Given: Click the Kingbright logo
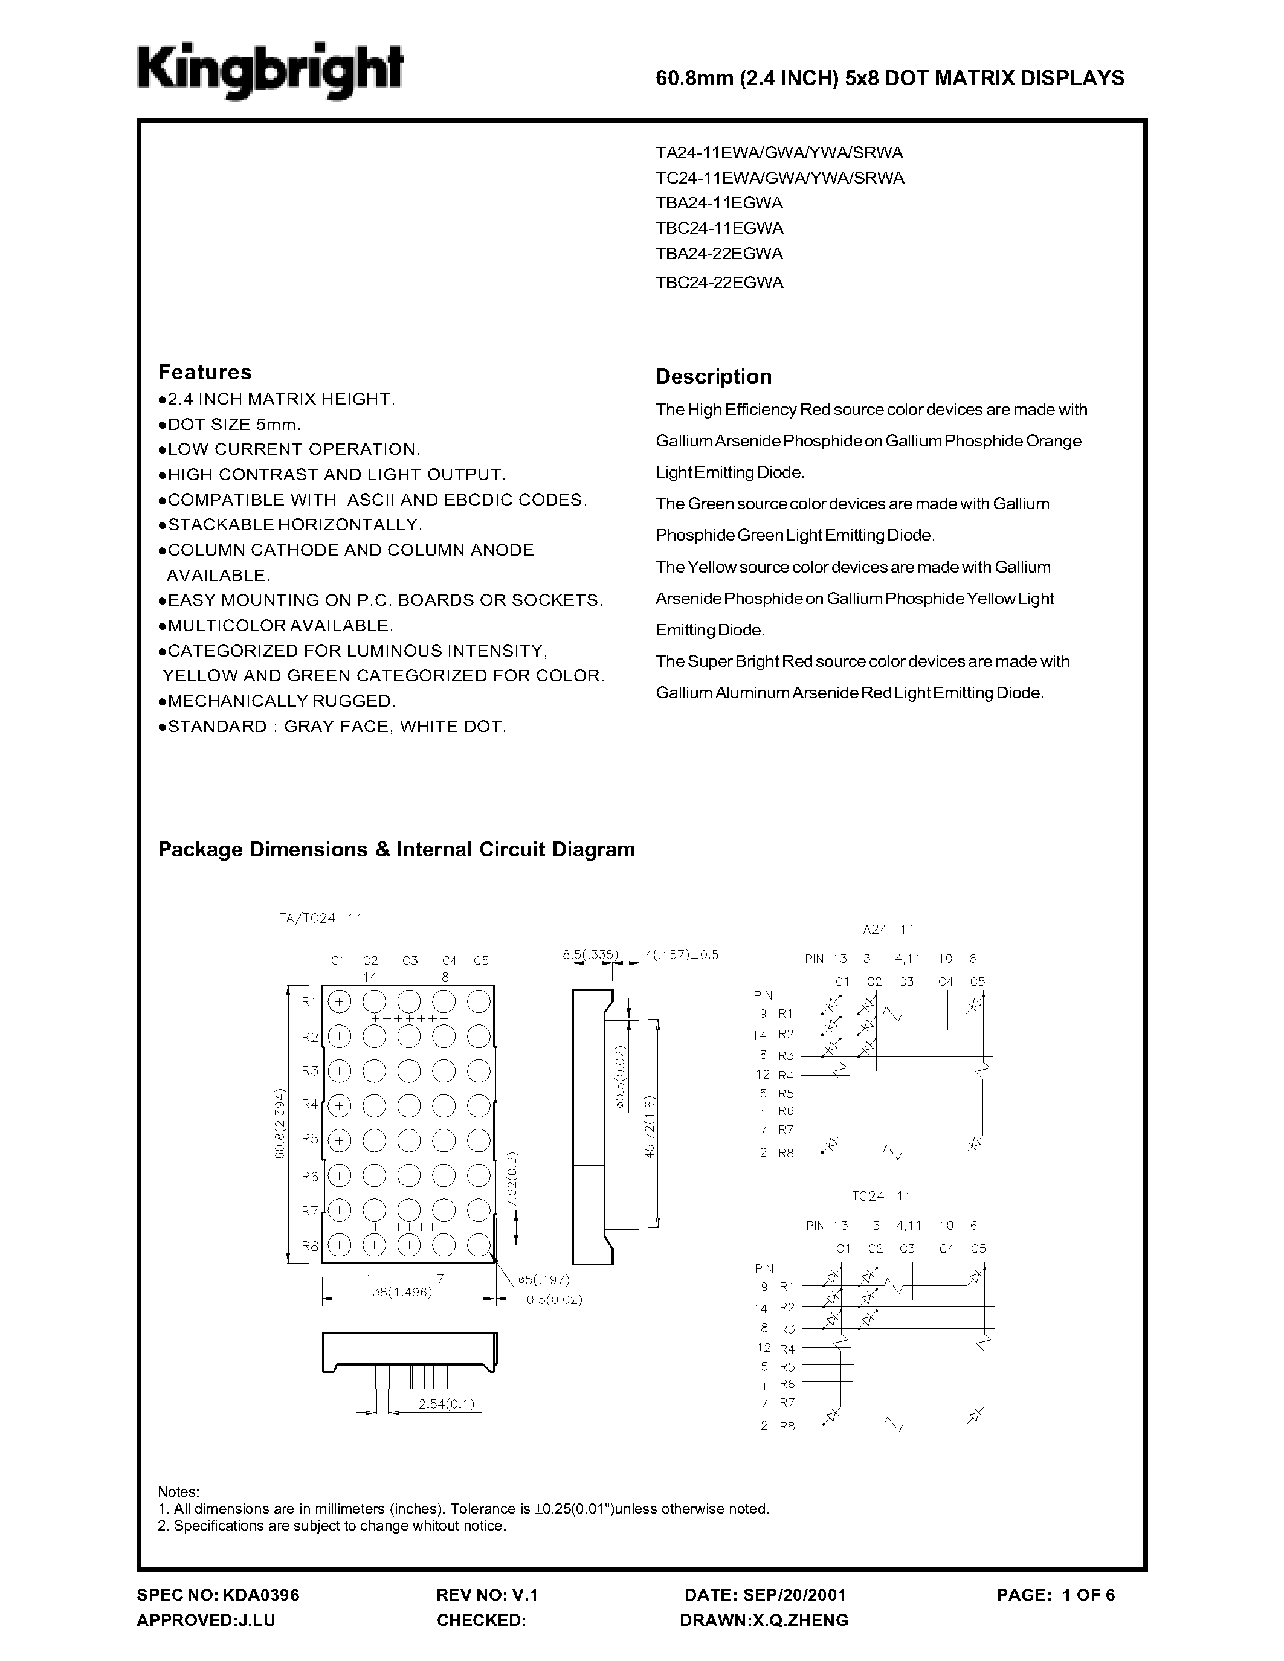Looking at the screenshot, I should point(269,72).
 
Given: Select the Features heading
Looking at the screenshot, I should point(205,372).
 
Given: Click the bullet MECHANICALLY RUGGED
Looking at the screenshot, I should point(277,701).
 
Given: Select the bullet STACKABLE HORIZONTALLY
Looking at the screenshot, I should point(290,525).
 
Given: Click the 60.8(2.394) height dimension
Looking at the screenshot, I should point(280,1123).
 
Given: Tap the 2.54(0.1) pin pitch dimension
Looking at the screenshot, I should point(446,1404).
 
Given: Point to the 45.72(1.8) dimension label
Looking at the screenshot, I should point(649,1127).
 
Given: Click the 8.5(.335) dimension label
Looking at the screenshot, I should point(590,954).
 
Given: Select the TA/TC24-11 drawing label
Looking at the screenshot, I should point(320,918).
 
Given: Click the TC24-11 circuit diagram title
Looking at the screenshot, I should point(881,1195).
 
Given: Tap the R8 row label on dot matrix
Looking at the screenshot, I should point(309,1245).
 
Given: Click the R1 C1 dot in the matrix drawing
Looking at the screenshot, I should point(339,1001).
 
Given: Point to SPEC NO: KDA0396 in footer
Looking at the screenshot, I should point(218,1595).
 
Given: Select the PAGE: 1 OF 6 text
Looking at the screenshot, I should point(1055,1595).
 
